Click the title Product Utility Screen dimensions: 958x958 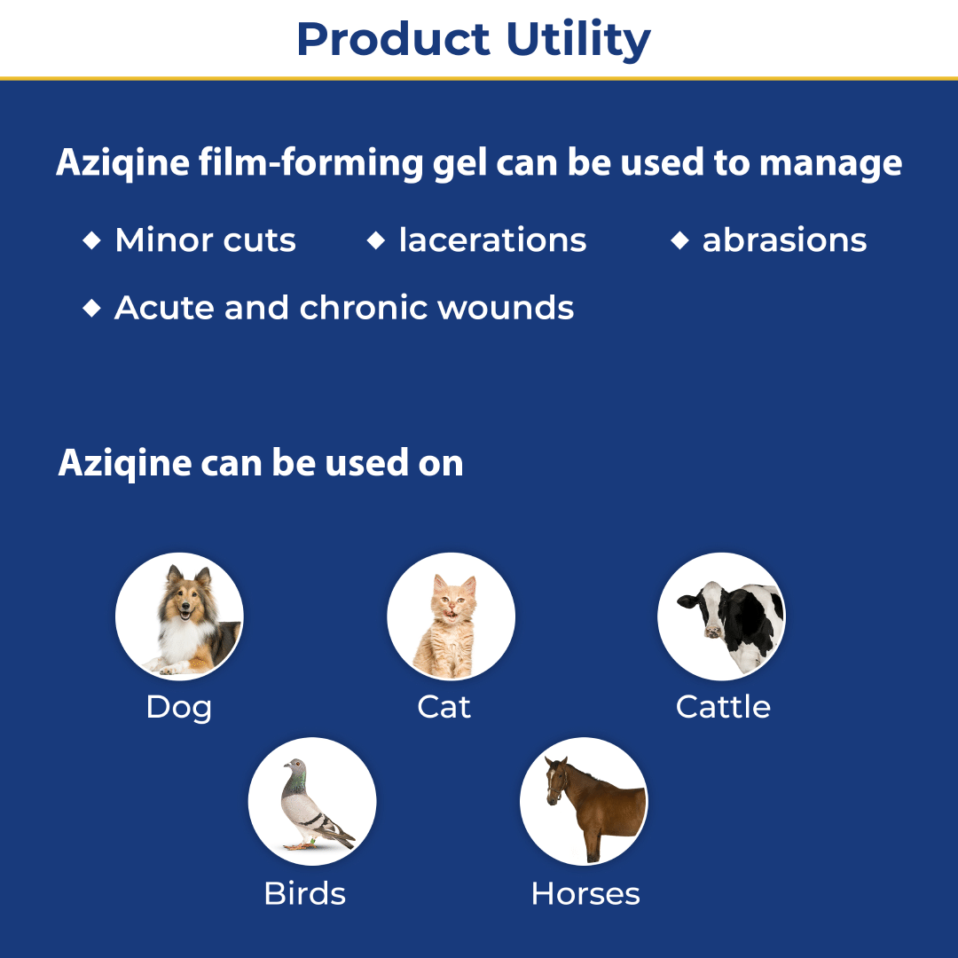click(474, 40)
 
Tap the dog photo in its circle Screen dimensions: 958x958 click(179, 616)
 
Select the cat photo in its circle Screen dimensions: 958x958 click(451, 616)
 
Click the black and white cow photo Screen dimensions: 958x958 click(721, 616)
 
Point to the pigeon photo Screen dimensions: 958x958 click(312, 801)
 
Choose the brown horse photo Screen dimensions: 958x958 click(584, 801)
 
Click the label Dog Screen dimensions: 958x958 click(179, 708)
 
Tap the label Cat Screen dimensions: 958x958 click(444, 707)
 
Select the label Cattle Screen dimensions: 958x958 click(724, 707)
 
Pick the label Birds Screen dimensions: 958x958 click(305, 893)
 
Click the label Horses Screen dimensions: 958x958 click(585, 893)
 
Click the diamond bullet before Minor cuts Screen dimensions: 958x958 click(91, 240)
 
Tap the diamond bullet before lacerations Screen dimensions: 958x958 click(376, 240)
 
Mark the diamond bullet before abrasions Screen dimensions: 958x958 click(680, 240)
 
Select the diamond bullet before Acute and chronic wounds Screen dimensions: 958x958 click(91, 308)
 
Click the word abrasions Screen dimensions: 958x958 click(784, 239)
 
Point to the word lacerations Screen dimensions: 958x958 click(492, 239)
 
